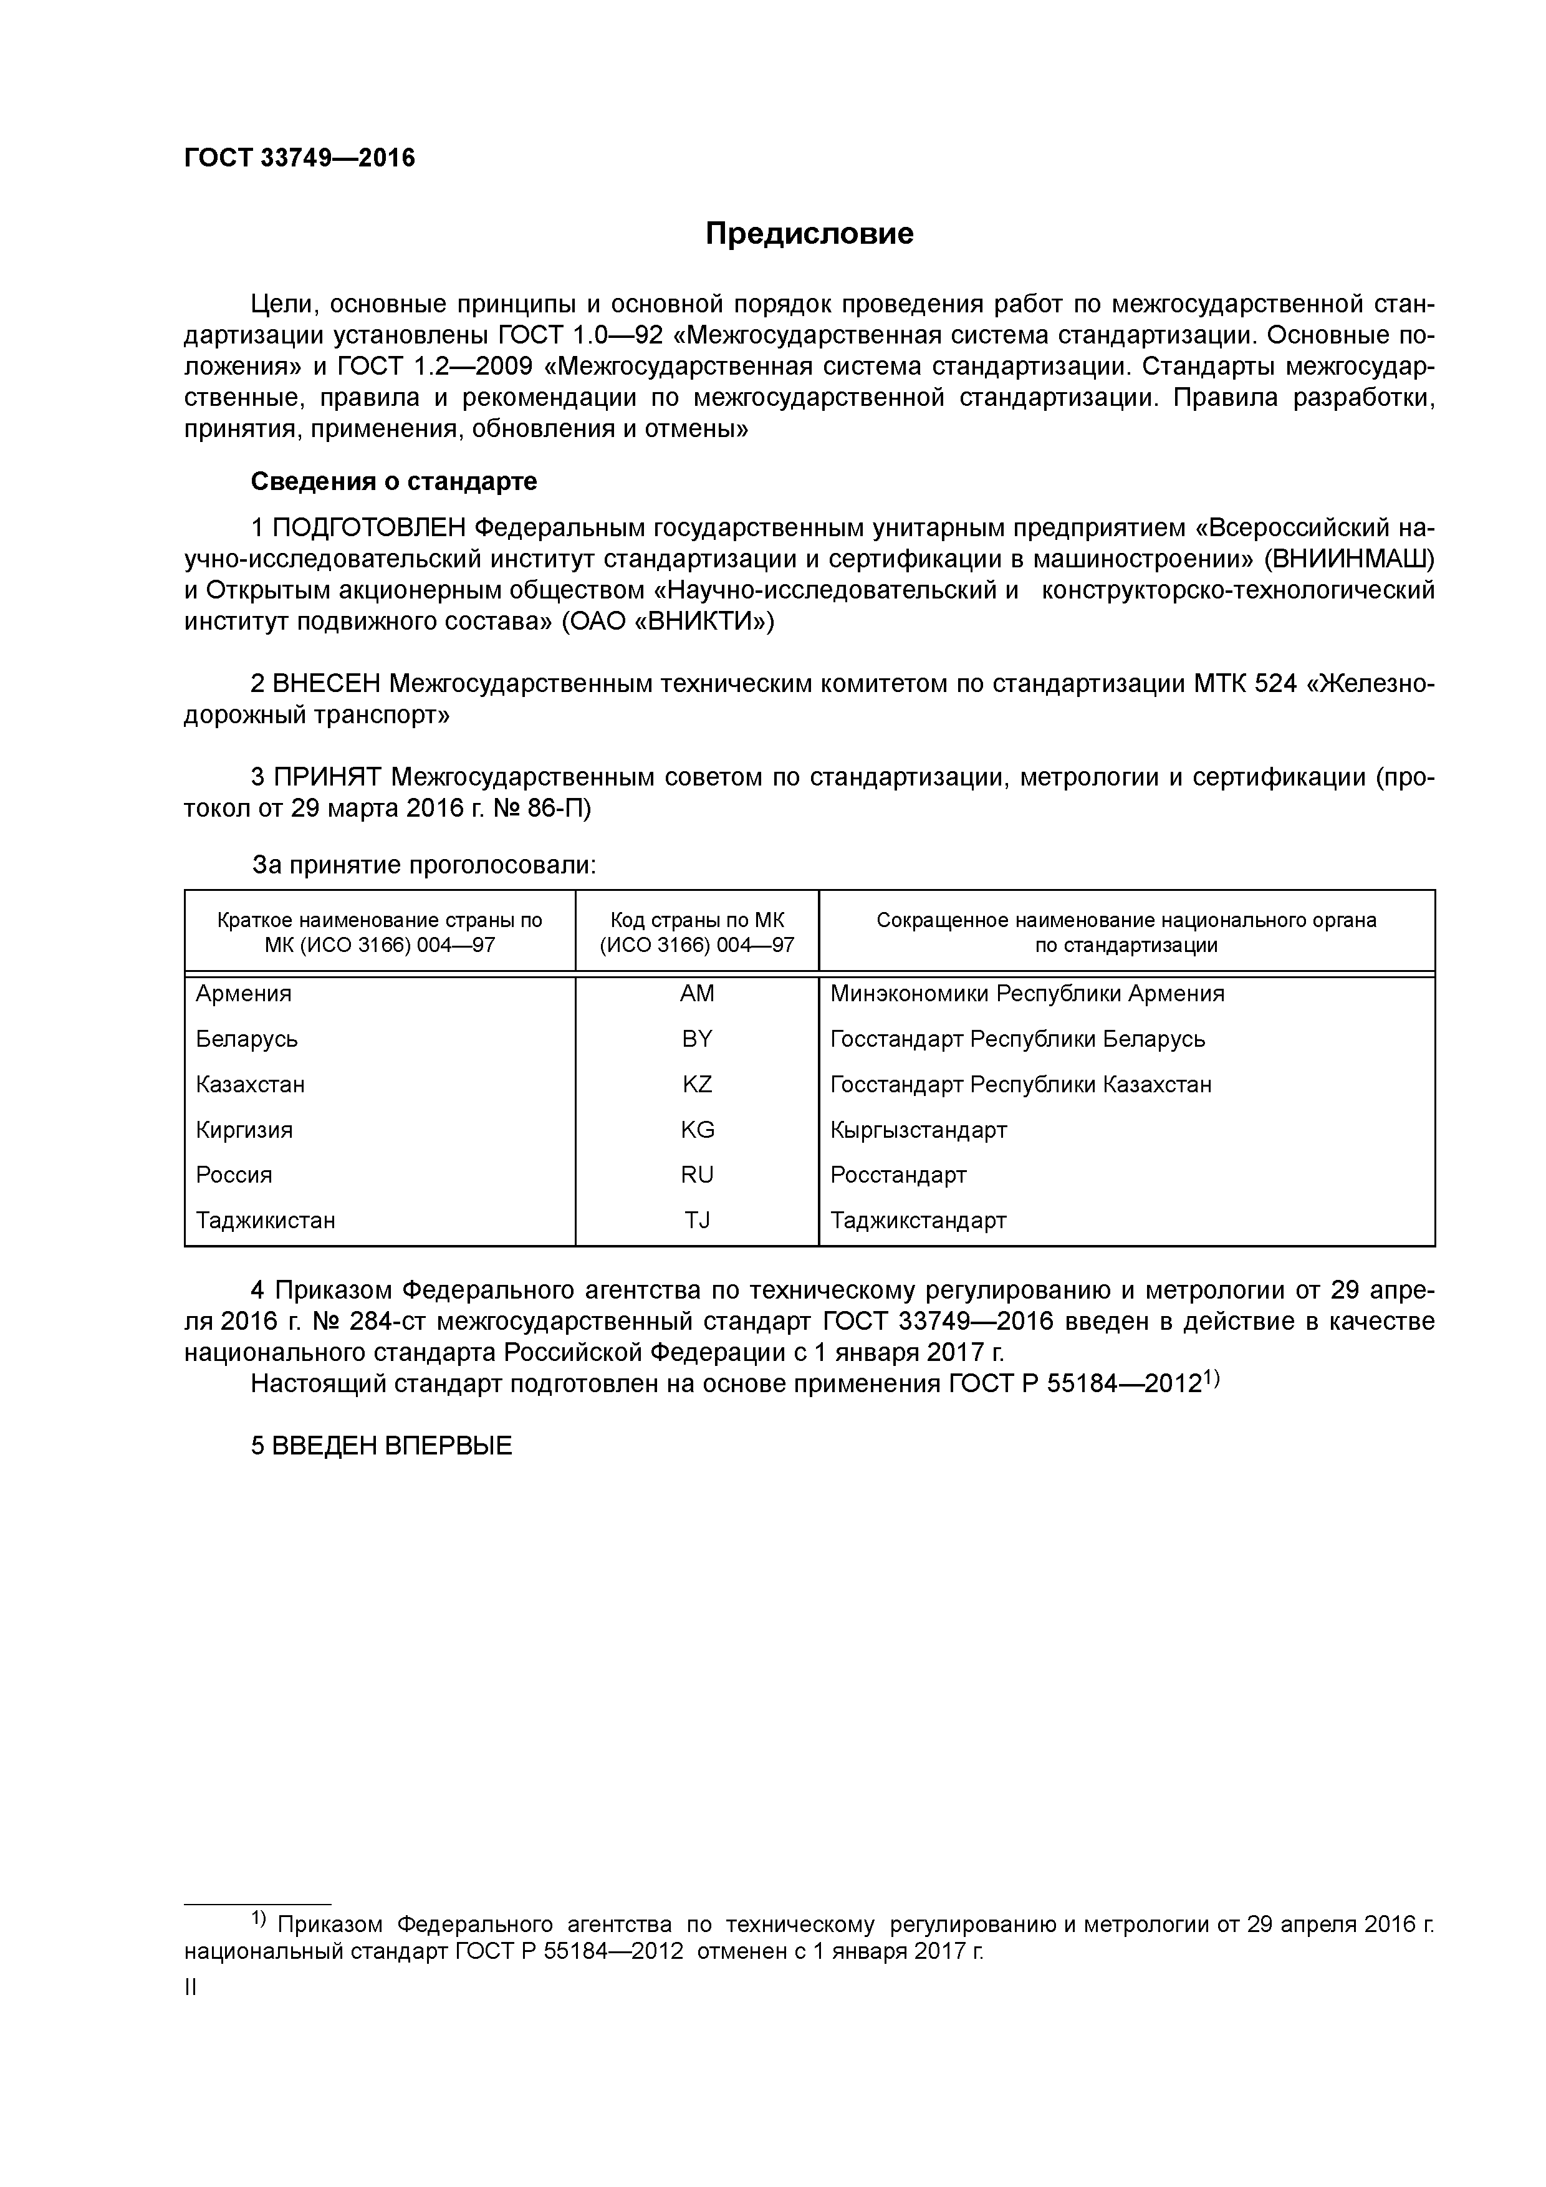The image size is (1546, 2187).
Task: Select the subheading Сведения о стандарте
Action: tap(393, 481)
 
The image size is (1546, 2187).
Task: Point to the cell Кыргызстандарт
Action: tap(918, 1130)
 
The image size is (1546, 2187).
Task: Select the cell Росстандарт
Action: tap(898, 1175)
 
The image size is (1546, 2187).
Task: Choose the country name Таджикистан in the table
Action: tap(266, 1220)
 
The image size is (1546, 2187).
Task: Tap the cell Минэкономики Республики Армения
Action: tap(1027, 994)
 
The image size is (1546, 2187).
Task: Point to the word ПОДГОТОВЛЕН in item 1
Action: tap(370, 527)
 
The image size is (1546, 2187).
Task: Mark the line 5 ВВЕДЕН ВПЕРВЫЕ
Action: tap(381, 1446)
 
